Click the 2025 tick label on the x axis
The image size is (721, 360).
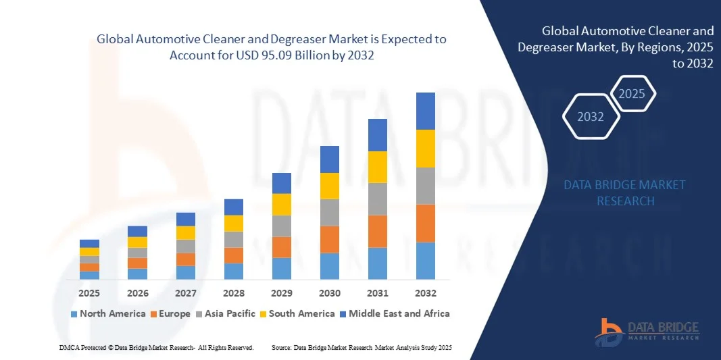89,293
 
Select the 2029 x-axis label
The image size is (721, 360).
282,293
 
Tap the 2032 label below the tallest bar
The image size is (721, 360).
426,293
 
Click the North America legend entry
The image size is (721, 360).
108,313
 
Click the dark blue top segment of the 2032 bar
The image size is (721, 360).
426,111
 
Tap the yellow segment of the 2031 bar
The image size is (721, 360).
378,167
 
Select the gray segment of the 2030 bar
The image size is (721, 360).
330,212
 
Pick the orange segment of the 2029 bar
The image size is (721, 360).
282,247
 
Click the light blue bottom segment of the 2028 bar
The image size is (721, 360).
234,271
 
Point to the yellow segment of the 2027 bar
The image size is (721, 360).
186,233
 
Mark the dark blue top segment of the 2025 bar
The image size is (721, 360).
89,244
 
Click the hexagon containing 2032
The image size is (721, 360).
591,117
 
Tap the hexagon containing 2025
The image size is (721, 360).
632,94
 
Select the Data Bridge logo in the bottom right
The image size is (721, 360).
647,329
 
